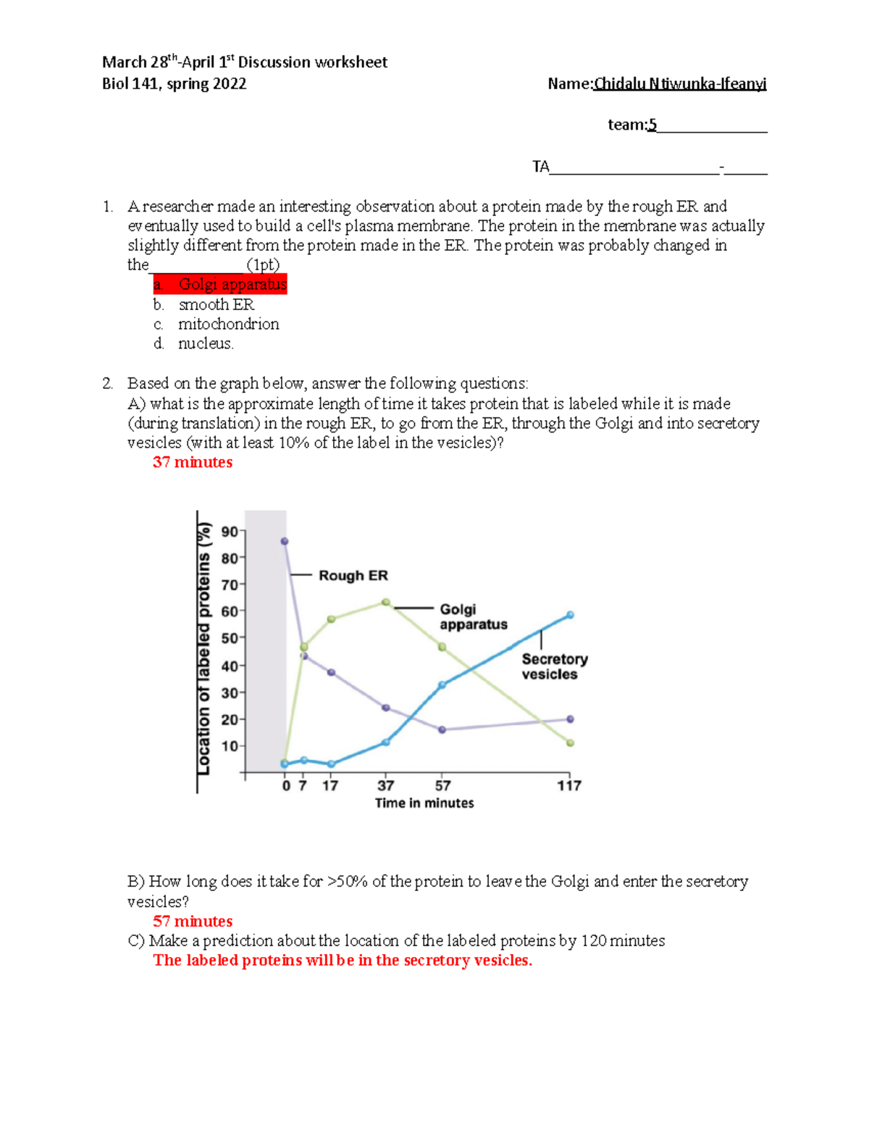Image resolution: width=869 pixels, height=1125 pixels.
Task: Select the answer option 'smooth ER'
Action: coord(216,305)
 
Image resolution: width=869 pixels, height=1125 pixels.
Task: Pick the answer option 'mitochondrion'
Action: coord(228,325)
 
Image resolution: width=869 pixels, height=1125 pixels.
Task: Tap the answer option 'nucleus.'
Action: coord(206,344)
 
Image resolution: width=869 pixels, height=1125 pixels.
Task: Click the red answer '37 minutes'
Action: coord(193,463)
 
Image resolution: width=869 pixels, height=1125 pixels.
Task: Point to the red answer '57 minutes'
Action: coord(193,921)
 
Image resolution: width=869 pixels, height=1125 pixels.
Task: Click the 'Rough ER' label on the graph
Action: coord(353,576)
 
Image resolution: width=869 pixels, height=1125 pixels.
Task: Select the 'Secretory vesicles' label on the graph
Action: coord(554,666)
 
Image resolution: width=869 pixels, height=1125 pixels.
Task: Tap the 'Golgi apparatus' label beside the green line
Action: coord(473,617)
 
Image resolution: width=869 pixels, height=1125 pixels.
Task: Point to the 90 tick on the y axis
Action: coord(230,532)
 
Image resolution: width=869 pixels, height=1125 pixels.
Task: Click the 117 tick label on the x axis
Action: coord(569,786)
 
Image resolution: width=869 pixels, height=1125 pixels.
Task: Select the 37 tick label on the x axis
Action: coord(386,786)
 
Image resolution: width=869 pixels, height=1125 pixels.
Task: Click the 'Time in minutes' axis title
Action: coord(424,803)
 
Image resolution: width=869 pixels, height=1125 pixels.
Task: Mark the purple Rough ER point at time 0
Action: coord(285,541)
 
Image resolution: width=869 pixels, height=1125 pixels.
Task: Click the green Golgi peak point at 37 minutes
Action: coord(386,603)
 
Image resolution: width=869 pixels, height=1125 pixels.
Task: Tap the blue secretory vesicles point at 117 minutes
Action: coord(570,615)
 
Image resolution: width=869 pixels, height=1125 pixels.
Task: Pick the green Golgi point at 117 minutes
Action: coord(570,743)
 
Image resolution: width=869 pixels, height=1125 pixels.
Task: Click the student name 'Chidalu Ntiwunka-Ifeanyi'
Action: coord(679,85)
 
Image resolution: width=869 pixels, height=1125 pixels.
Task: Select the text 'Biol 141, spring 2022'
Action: coord(174,84)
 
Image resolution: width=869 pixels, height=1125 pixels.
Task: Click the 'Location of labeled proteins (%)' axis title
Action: coord(204,648)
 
